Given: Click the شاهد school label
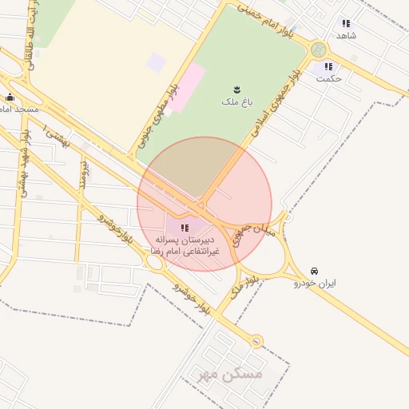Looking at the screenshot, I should pos(346,36).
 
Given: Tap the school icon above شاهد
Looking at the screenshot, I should pos(346,24).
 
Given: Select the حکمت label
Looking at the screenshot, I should pos(328,78).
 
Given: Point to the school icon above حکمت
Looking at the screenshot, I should pos(328,67).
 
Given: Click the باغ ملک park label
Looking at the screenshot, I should pos(236,101).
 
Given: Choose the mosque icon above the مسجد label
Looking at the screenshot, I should pos(10,97).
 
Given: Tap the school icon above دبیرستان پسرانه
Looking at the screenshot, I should pos(185,228).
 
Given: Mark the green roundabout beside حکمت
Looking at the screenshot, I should pos(320,50).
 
